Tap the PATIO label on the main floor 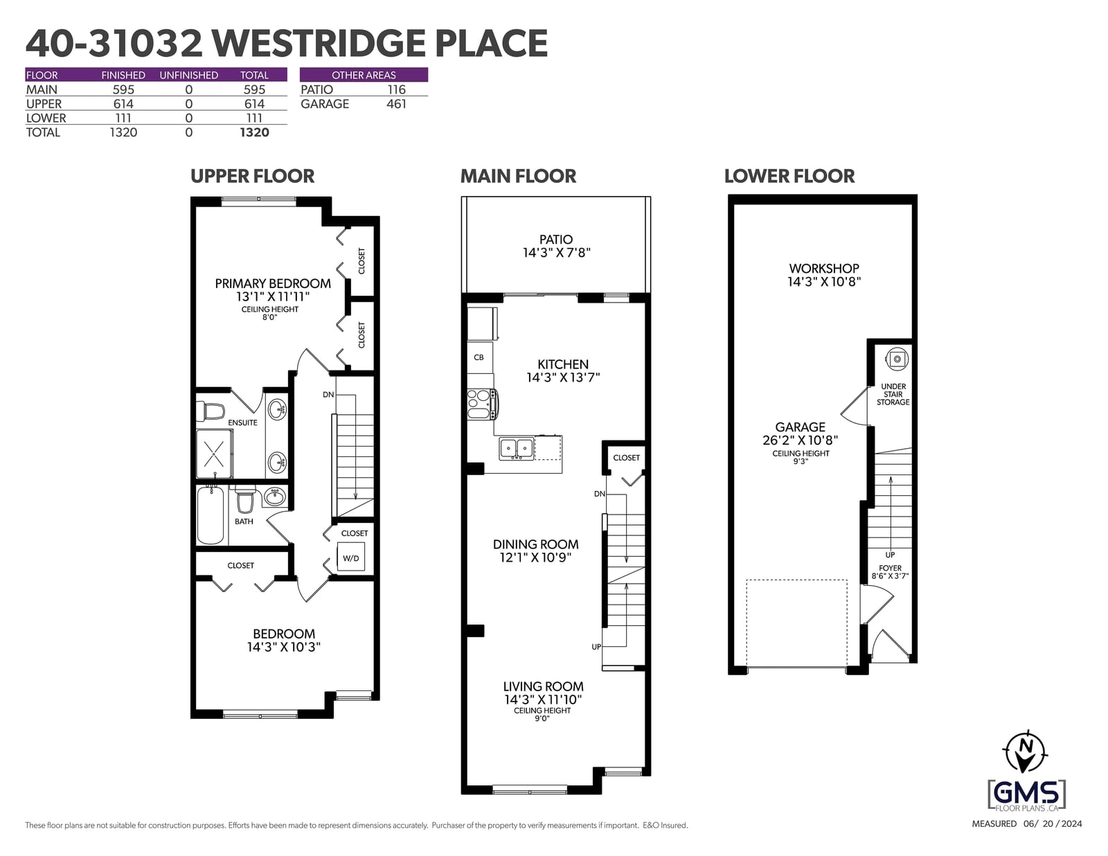coord(556,239)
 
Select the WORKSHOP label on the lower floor coord(824,268)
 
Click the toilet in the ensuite coord(211,411)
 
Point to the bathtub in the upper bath coord(211,515)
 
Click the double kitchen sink coord(517,449)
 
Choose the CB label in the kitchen coord(479,357)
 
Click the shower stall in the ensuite coord(215,453)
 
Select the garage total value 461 coord(396,104)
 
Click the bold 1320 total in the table coord(254,132)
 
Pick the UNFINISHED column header coord(188,75)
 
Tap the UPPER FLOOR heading coord(252,176)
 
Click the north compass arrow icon coord(1026,752)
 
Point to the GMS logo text coord(1026,794)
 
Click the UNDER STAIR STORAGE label coord(893,394)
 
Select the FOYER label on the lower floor coord(890,568)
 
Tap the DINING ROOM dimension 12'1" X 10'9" coord(535,558)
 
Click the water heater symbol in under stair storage coord(897,359)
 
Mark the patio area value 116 coord(396,90)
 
